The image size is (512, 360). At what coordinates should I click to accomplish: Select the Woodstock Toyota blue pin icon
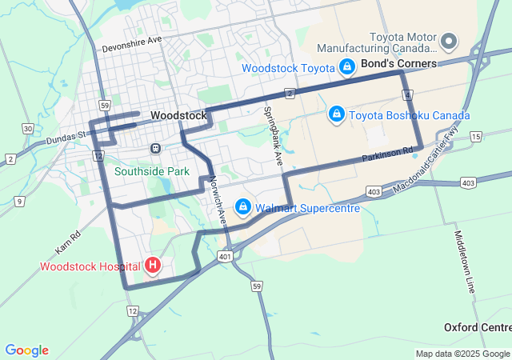(347, 68)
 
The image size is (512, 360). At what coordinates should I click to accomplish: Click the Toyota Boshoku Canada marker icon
(337, 115)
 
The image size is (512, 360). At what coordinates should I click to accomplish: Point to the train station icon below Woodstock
(154, 149)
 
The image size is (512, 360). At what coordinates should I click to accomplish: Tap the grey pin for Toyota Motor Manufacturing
(449, 40)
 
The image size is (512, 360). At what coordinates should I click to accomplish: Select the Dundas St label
(66, 137)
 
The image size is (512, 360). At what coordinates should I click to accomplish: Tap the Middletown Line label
(465, 262)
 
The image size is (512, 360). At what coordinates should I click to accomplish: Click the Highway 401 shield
(225, 256)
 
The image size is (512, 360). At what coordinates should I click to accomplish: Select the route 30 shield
(28, 129)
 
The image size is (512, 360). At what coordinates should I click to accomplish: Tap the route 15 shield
(475, 138)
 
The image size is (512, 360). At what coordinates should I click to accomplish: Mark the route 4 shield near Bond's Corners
(408, 95)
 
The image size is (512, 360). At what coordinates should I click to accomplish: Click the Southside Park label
(151, 171)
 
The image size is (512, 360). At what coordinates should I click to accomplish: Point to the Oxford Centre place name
(478, 328)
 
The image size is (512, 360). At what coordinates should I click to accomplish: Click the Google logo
(26, 350)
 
